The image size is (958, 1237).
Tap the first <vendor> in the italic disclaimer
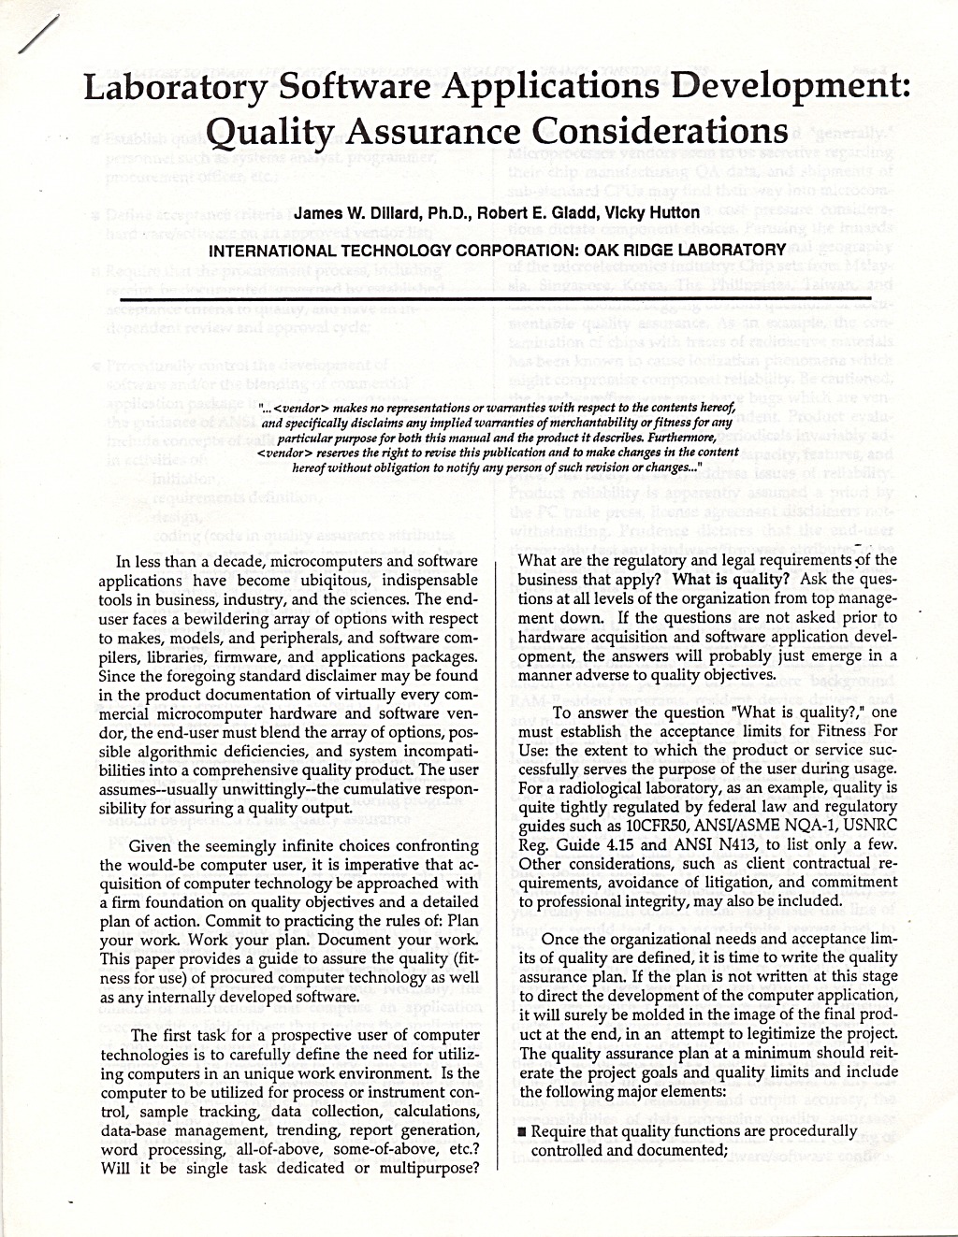(302, 408)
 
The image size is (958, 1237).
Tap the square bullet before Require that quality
(522, 1131)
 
